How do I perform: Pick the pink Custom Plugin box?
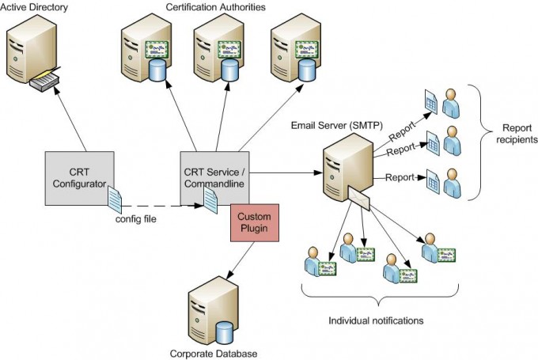(255, 222)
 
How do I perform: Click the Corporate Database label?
(213, 353)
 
